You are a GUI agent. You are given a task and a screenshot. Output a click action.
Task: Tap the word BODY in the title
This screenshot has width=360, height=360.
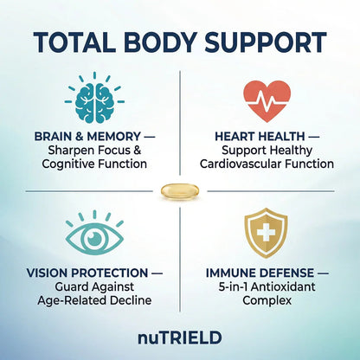point(161,42)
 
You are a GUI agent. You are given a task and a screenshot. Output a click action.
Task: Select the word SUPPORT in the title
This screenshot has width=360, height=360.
point(266,42)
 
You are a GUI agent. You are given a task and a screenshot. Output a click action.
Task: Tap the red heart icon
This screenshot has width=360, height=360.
point(267,100)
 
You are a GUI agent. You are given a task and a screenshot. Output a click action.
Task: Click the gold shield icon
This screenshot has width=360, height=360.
point(266,233)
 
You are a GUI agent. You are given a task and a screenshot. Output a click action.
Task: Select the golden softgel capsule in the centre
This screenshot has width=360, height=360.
point(180,191)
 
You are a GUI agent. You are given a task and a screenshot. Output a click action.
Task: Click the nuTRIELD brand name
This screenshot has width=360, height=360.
point(180,337)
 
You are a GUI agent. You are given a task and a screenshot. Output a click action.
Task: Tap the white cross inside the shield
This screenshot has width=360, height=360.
point(266,233)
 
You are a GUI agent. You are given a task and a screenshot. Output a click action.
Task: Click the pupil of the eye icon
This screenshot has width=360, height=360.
point(94,238)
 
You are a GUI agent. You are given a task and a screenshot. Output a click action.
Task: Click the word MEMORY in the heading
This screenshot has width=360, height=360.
point(114,137)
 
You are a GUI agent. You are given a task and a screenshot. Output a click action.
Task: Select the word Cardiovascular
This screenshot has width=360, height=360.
point(241,164)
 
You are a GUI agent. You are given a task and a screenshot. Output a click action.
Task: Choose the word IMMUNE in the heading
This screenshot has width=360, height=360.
point(231,273)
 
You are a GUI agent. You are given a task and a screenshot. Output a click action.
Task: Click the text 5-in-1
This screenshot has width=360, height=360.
point(233,286)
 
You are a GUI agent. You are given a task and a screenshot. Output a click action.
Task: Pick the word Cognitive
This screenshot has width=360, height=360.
point(68,164)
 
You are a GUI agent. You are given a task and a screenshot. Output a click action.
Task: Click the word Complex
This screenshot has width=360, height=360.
point(267,301)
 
